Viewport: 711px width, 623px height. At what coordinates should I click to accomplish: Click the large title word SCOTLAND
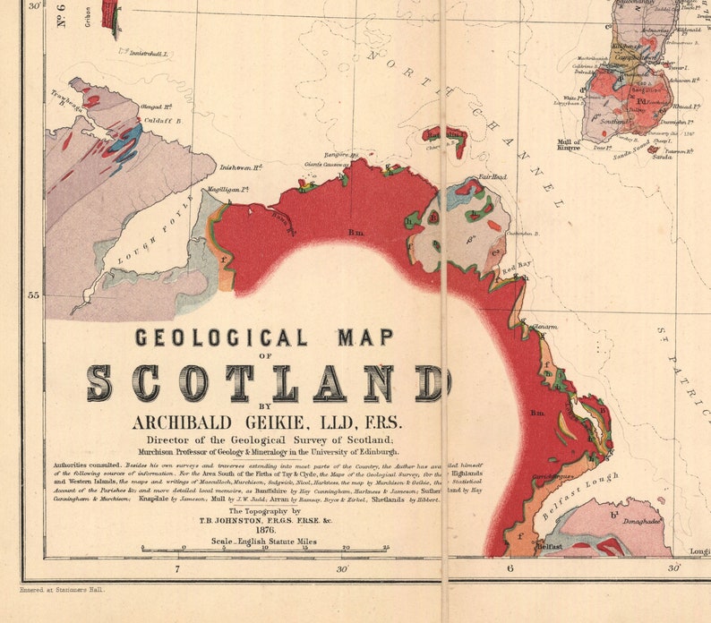268,383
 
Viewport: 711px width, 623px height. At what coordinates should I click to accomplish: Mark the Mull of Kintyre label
569,146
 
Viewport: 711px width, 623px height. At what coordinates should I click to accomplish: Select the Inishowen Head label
240,167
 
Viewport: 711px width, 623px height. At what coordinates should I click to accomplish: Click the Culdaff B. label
161,119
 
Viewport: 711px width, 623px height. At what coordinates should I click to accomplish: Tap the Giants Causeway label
326,165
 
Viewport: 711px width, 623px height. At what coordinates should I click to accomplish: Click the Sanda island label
662,157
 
